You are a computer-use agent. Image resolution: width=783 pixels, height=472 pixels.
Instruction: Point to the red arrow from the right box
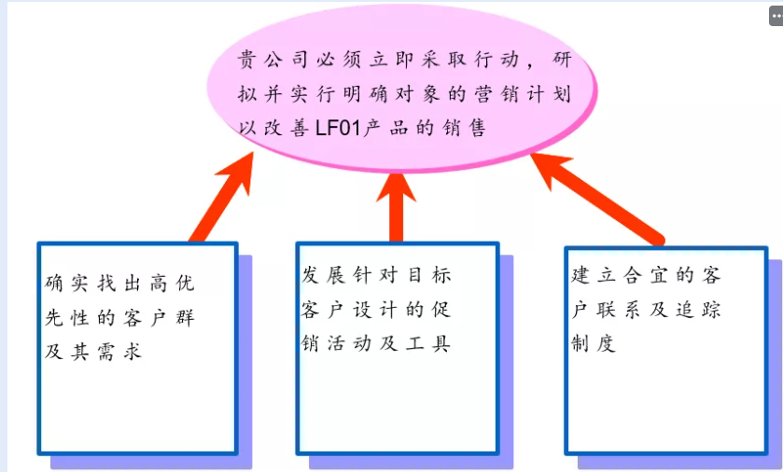click(x=596, y=195)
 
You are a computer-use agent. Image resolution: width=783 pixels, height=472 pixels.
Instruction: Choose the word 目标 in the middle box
click(x=428, y=274)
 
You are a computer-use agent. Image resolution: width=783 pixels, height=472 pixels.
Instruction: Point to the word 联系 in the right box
click(x=620, y=309)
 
